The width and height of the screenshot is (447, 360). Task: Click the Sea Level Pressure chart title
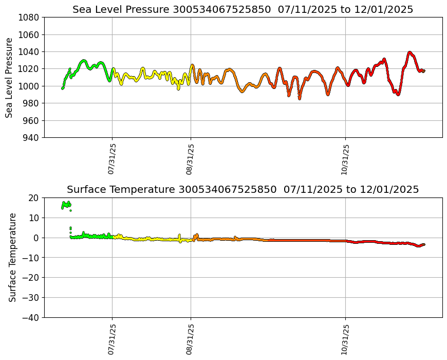pos(243,10)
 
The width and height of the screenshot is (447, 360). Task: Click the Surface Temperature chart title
pos(243,190)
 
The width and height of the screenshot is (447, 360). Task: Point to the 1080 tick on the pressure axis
pos(30,17)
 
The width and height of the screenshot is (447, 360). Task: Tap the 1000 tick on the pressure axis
pos(30,86)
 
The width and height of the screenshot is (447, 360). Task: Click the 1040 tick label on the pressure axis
pos(30,51)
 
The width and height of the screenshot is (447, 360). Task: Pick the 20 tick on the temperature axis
pos(34,197)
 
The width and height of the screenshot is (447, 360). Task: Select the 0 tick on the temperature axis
pos(36,238)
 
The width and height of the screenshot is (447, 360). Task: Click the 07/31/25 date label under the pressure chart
pos(111,159)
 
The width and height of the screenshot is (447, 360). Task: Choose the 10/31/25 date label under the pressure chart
pos(345,159)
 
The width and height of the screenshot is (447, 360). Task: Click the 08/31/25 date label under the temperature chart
pos(190,339)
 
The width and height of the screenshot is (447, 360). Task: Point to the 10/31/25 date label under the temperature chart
pos(345,339)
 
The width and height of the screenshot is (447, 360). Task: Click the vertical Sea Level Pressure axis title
pos(10,78)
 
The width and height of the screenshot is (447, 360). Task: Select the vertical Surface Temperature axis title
pos(13,257)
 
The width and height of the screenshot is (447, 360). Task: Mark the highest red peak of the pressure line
pos(409,52)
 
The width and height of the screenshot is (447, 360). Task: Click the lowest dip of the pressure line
pos(300,98)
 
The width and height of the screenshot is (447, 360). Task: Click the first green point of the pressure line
pos(62,88)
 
